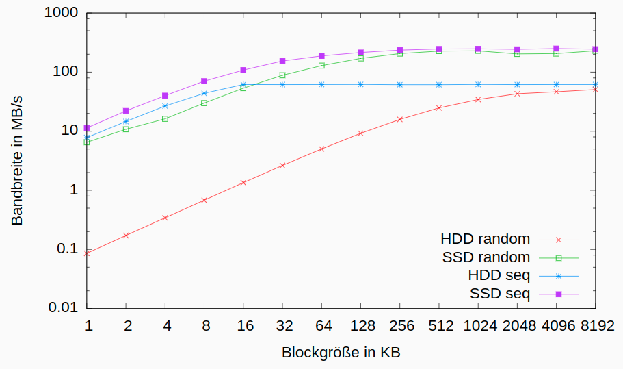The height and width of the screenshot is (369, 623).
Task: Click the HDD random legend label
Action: (x=485, y=239)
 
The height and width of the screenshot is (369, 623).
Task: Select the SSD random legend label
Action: (x=486, y=257)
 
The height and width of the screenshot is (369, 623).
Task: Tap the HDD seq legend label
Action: (x=499, y=275)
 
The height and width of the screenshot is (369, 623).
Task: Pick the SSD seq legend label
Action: (x=500, y=294)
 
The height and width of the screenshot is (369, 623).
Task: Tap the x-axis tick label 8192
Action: (x=596, y=326)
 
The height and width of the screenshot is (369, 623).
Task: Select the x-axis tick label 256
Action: (x=400, y=326)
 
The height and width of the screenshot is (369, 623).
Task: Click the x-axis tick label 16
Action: (x=243, y=326)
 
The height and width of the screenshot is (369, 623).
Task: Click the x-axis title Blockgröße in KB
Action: (x=341, y=353)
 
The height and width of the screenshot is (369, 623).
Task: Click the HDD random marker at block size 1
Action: (x=87, y=253)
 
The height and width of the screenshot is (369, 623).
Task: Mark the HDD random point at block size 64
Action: (x=321, y=149)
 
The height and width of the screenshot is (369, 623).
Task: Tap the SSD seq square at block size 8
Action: (x=204, y=81)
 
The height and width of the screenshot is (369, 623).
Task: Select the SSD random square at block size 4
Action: (x=165, y=118)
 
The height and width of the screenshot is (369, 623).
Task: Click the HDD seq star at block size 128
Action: (x=360, y=84)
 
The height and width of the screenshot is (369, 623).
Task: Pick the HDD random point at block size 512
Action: (x=439, y=108)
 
